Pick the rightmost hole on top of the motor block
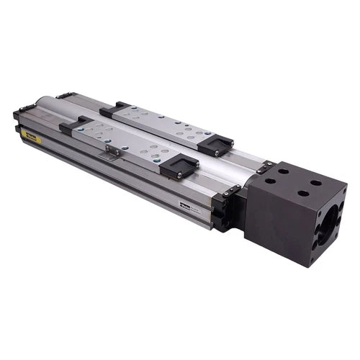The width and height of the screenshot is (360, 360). (317, 183)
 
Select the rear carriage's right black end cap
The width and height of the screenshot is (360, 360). (215, 145)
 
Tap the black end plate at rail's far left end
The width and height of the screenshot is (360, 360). (18, 118)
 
